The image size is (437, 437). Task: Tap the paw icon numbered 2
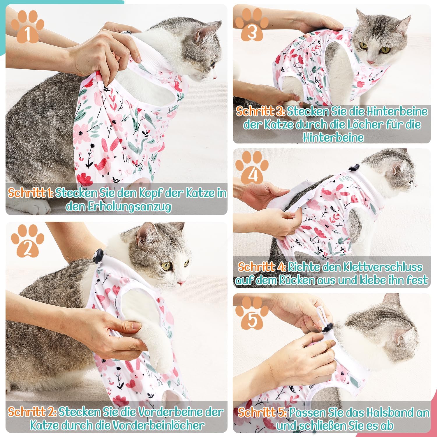[28, 243]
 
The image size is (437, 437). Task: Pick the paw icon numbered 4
[252, 169]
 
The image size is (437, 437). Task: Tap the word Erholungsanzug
[118, 207]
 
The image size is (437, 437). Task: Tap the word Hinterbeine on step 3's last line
[333, 137]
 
